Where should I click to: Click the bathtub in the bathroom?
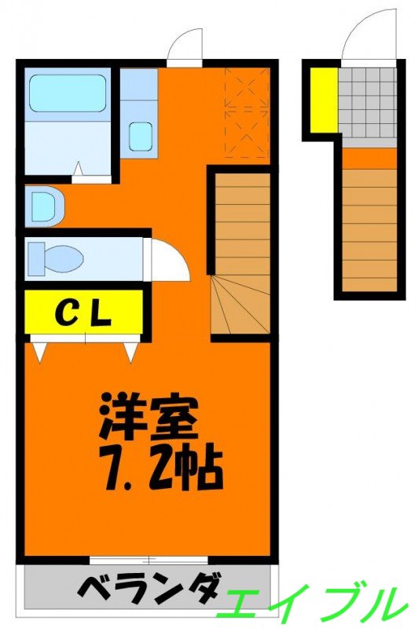68,94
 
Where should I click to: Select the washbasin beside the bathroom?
42,206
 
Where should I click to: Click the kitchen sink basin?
141,137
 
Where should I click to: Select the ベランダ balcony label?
149,589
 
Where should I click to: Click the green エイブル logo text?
314,603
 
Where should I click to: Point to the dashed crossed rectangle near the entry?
247,113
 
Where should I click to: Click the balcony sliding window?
148,560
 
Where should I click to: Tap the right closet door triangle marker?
130,351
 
